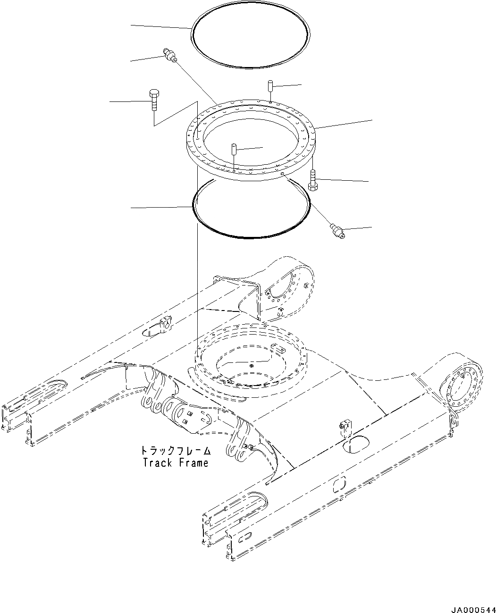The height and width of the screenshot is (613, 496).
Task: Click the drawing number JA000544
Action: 473,608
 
